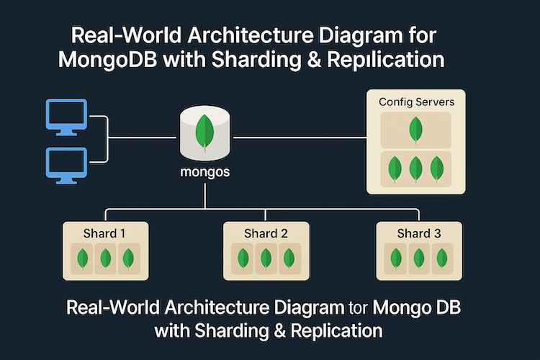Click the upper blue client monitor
point(67,117)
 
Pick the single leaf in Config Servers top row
point(415,130)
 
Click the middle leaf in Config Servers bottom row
point(415,169)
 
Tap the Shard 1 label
point(105,233)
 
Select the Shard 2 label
point(266,233)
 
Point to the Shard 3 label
point(419,233)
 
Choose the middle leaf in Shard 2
point(266,258)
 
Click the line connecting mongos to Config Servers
point(299,135)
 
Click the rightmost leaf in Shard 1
point(128,258)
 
